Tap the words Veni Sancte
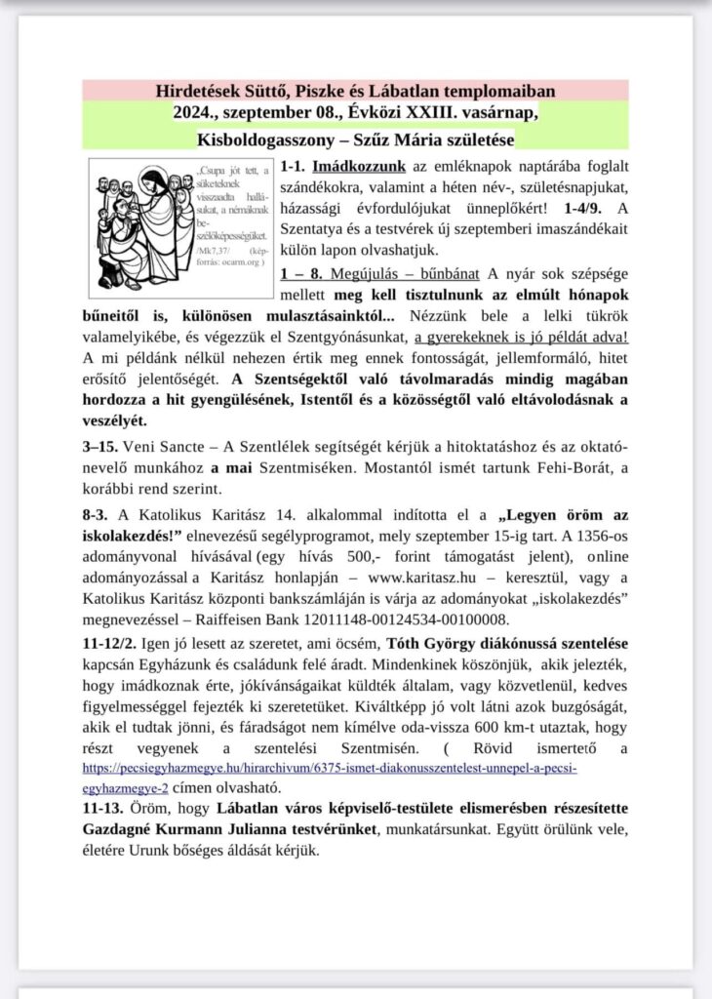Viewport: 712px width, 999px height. [153, 446]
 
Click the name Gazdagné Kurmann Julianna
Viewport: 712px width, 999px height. [191, 829]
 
